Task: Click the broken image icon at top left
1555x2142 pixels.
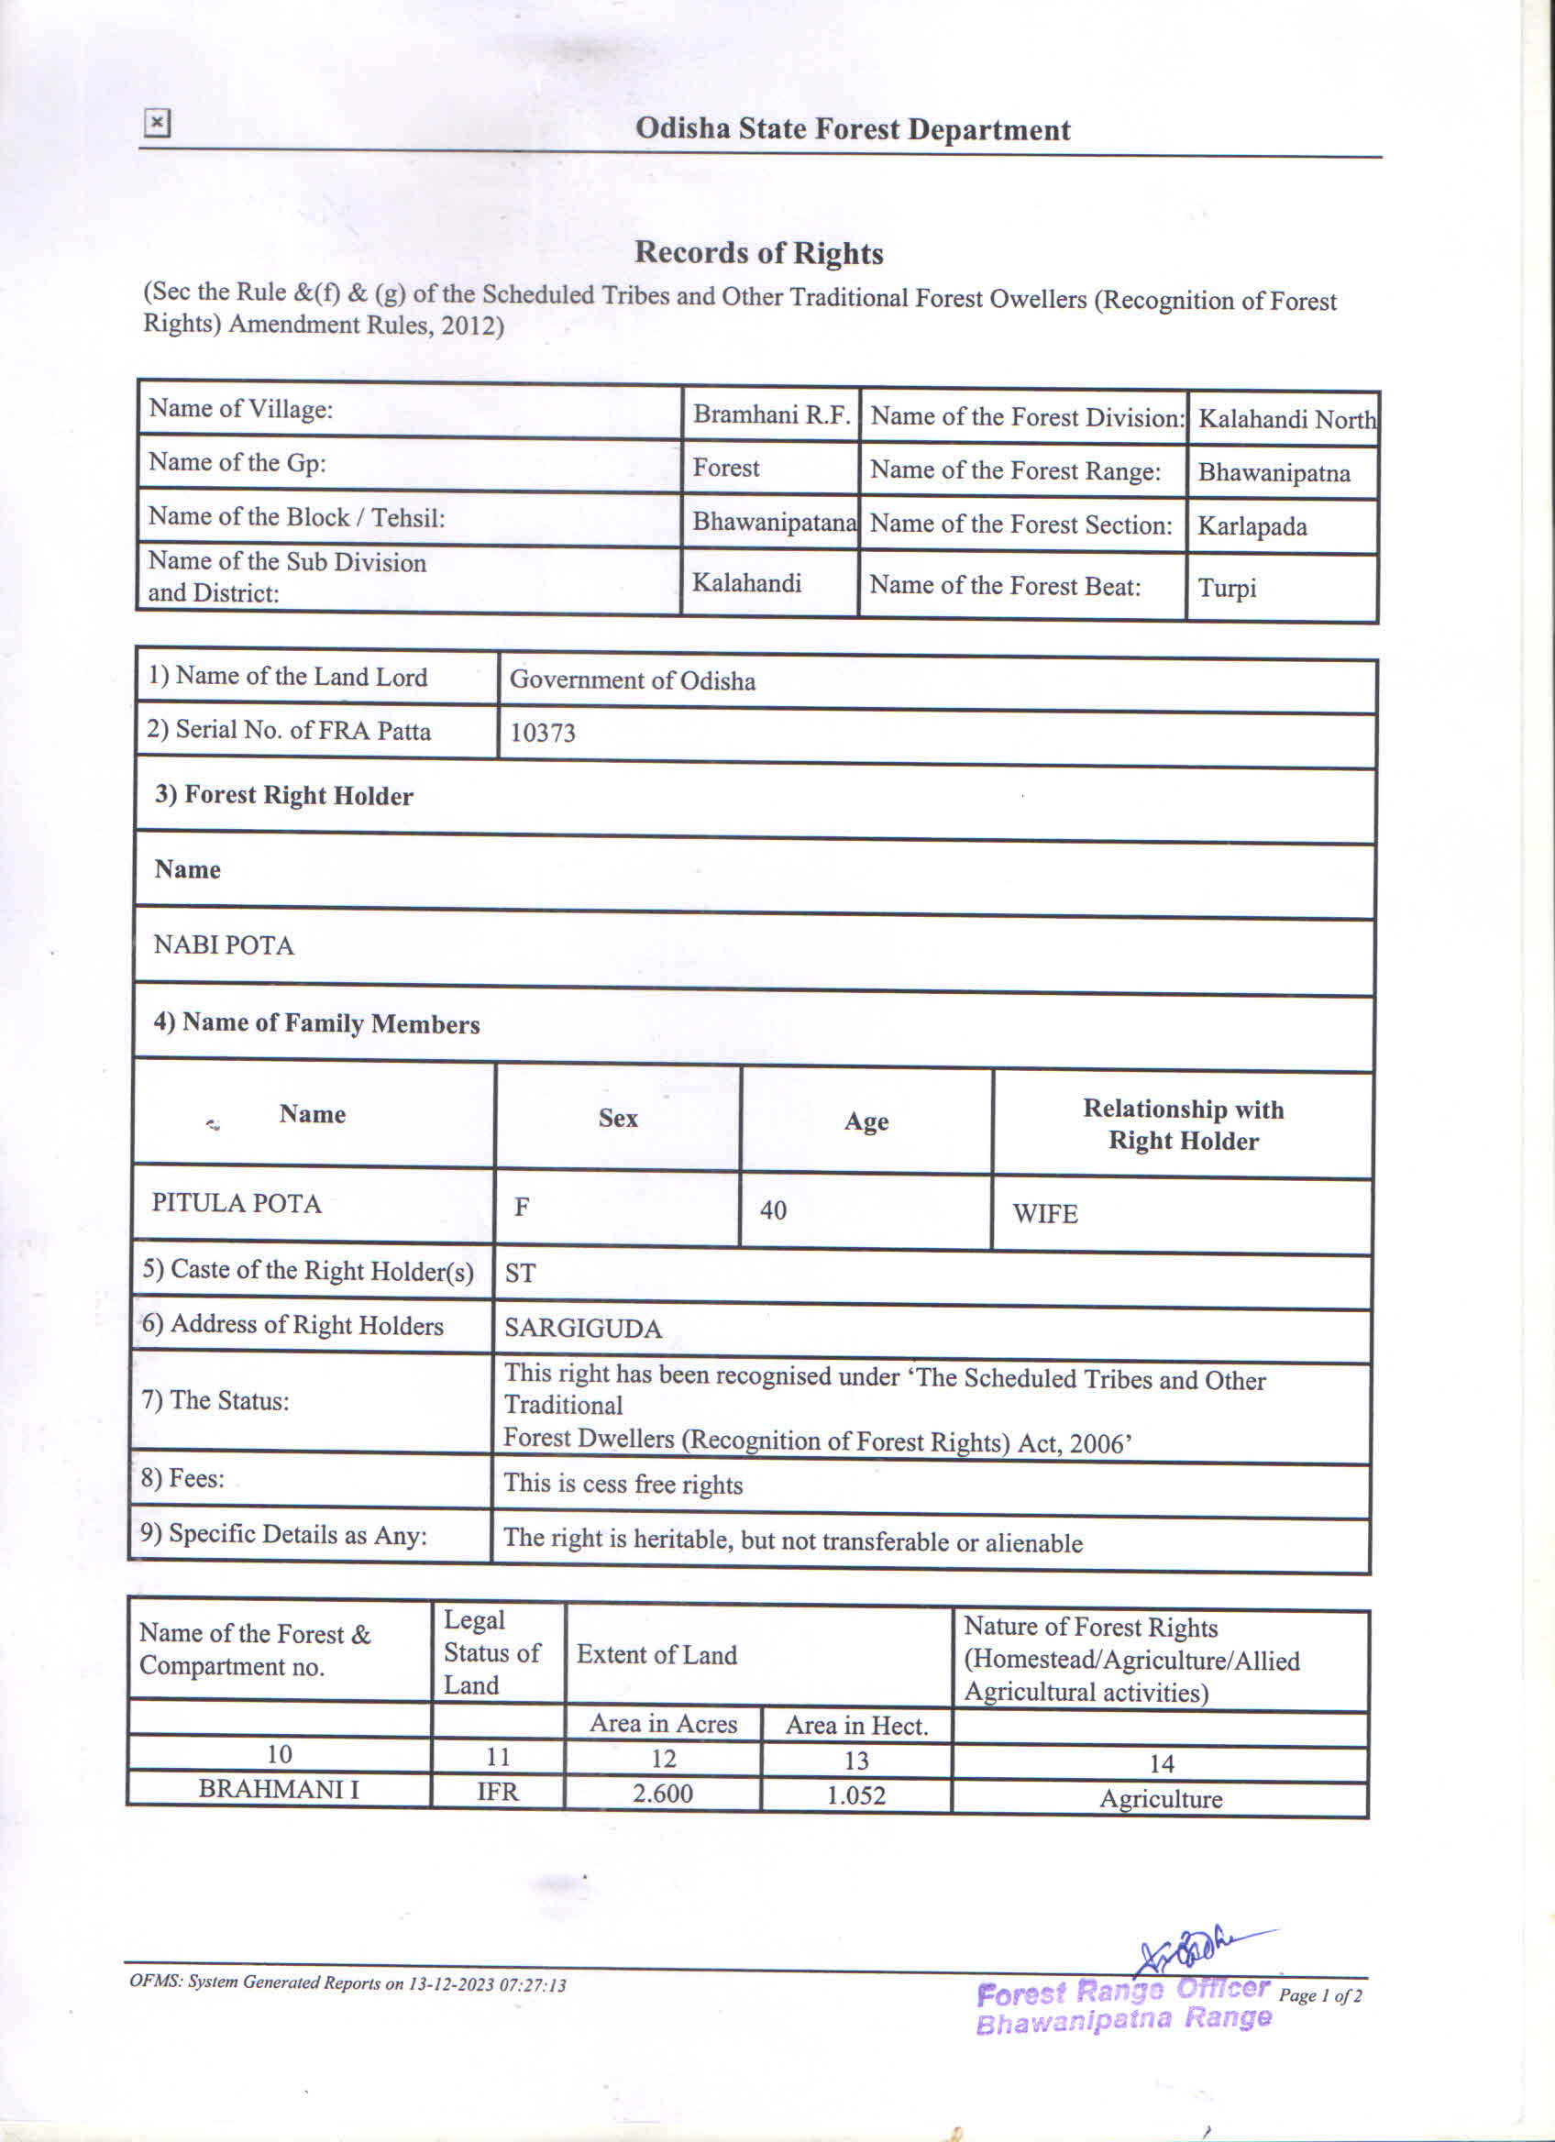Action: click(x=157, y=123)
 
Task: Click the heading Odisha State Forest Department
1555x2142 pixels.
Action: click(x=852, y=129)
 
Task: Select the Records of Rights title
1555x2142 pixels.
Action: click(x=758, y=253)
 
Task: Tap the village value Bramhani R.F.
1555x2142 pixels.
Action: click(x=771, y=414)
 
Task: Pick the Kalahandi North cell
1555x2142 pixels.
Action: click(x=1286, y=419)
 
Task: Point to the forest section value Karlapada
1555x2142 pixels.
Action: click(x=1252, y=526)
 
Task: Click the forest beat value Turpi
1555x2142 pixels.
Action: click(x=1227, y=588)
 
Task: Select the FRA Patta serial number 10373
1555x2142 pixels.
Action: click(x=542, y=733)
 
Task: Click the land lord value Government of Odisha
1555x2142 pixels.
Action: click(x=632, y=680)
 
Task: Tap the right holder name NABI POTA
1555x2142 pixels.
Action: click(x=224, y=945)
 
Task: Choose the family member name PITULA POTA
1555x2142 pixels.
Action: click(x=236, y=1203)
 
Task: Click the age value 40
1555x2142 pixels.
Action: click(x=772, y=1209)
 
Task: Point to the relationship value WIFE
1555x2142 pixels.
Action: click(x=1044, y=1214)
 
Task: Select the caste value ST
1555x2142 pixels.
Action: click(x=520, y=1273)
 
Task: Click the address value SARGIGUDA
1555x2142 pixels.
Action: click(x=582, y=1329)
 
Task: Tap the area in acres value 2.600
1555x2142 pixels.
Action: click(x=662, y=1793)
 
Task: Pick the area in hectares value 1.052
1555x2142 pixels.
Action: click(x=855, y=1794)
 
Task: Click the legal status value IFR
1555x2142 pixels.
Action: click(x=498, y=1792)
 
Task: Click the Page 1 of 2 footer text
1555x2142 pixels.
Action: click(x=1320, y=1995)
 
